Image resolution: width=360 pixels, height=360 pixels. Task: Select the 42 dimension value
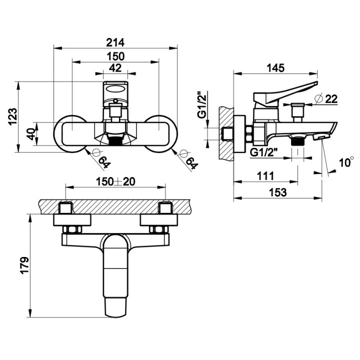tap(115, 67)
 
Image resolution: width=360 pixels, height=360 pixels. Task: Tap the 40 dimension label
tap(31, 134)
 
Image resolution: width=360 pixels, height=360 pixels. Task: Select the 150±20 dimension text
tap(115, 181)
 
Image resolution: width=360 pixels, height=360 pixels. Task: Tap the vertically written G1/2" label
tap(202, 105)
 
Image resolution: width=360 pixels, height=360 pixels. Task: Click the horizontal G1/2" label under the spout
tap(265, 151)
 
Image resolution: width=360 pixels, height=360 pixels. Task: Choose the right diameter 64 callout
tap(188, 159)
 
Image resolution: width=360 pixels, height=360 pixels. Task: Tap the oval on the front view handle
tap(115, 89)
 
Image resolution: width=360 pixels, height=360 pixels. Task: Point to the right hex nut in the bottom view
tap(158, 229)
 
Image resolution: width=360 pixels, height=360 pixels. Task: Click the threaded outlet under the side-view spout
tap(298, 141)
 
